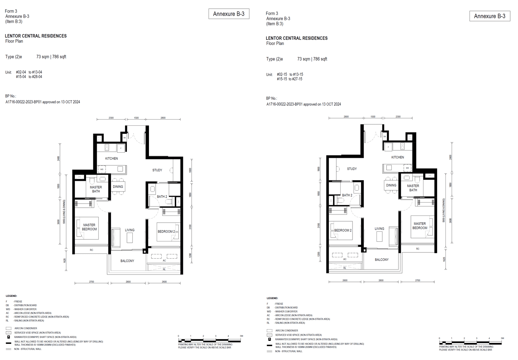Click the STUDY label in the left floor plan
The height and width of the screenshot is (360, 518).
click(x=157, y=170)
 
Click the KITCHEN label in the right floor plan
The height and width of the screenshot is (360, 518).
click(x=398, y=157)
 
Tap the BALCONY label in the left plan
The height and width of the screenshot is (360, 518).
click(x=127, y=261)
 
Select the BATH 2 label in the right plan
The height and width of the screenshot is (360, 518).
click(x=347, y=195)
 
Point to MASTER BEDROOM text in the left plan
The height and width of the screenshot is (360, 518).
click(x=89, y=227)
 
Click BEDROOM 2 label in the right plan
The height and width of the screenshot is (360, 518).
click(x=343, y=230)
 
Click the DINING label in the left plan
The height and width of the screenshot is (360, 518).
click(x=118, y=187)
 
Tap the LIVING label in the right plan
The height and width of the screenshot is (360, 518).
click(x=379, y=229)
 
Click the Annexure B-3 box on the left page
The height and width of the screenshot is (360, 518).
click(x=229, y=14)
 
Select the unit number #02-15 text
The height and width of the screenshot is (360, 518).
click(x=282, y=75)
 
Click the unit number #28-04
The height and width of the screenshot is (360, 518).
click(x=37, y=77)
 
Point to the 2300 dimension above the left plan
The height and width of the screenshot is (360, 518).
click(x=111, y=118)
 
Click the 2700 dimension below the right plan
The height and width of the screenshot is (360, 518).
click(x=418, y=280)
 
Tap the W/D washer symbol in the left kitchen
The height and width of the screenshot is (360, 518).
click(x=102, y=169)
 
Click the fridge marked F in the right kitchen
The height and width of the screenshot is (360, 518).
click(x=388, y=147)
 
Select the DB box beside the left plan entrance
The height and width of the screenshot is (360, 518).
click(x=124, y=138)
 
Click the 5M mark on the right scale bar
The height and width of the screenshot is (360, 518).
click(x=502, y=338)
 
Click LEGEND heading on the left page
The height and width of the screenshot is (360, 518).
click(x=11, y=296)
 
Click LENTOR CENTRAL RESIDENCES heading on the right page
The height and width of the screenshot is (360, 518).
click(x=297, y=38)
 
